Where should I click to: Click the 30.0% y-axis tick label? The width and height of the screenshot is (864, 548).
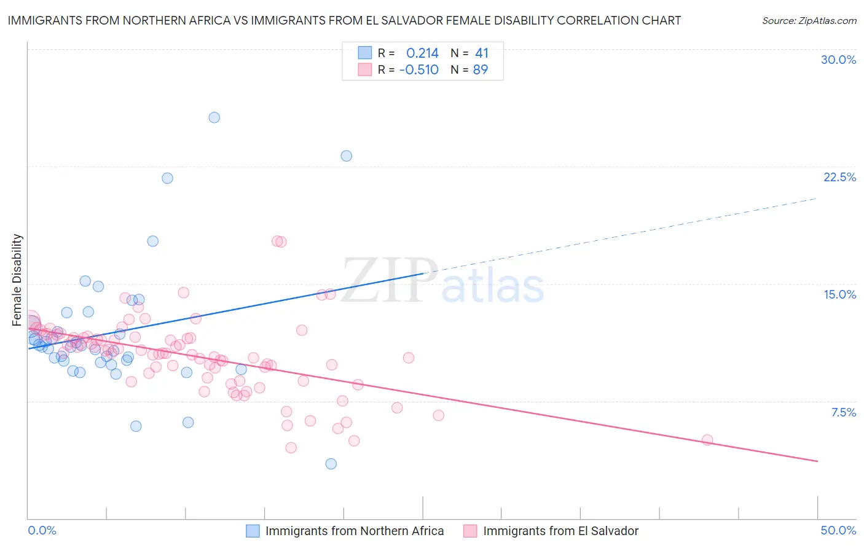tap(838, 60)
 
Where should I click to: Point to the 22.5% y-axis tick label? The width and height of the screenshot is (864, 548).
tap(839, 177)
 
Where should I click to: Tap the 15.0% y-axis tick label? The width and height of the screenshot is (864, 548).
tap(839, 294)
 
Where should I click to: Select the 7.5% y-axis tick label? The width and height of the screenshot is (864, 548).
tap(843, 412)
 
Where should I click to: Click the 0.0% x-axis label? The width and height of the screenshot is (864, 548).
tap(42, 530)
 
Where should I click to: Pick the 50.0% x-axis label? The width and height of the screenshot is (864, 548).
tap(838, 530)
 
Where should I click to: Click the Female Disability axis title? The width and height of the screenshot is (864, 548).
tap(17, 280)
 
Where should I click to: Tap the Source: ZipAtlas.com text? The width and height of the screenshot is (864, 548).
tap(809, 21)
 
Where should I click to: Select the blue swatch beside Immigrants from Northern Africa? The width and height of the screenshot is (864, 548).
tap(253, 531)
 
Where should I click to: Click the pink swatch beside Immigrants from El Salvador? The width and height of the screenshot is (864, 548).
tap(470, 531)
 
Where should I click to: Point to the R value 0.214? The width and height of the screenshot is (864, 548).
tap(422, 53)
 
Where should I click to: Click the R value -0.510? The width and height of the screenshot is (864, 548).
tap(419, 69)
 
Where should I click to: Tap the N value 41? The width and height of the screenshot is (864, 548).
tap(481, 53)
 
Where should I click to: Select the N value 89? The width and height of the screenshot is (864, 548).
tap(480, 69)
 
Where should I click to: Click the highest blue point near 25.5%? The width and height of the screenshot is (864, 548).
tap(214, 117)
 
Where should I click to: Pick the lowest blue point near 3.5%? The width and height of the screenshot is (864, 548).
tap(331, 464)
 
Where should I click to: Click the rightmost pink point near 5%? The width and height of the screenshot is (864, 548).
tap(707, 440)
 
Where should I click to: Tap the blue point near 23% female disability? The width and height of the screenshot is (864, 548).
tap(347, 156)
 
